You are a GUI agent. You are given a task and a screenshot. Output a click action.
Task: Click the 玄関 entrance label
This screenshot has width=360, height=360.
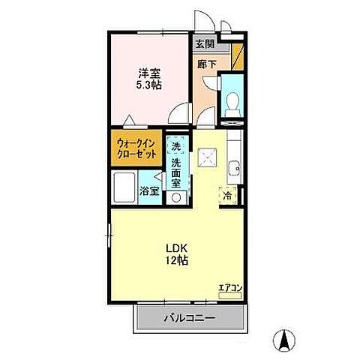205,45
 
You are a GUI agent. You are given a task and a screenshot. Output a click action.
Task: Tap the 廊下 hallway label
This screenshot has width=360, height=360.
206,64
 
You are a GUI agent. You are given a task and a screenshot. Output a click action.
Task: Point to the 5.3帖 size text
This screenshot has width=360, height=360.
147,86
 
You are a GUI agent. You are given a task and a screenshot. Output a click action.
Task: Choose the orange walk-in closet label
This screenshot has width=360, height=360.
136,148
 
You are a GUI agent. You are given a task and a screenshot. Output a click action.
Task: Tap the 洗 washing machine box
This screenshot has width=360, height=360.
175,146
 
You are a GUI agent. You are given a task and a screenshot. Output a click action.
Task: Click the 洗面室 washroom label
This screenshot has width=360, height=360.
176,172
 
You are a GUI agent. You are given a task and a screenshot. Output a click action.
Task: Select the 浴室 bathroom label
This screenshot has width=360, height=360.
149,190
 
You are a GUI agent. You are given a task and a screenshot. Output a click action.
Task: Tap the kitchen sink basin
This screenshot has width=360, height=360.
234,168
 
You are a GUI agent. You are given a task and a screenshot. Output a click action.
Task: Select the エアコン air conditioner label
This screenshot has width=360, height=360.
229,286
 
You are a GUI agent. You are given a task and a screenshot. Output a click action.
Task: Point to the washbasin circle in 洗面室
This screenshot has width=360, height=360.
176,196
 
